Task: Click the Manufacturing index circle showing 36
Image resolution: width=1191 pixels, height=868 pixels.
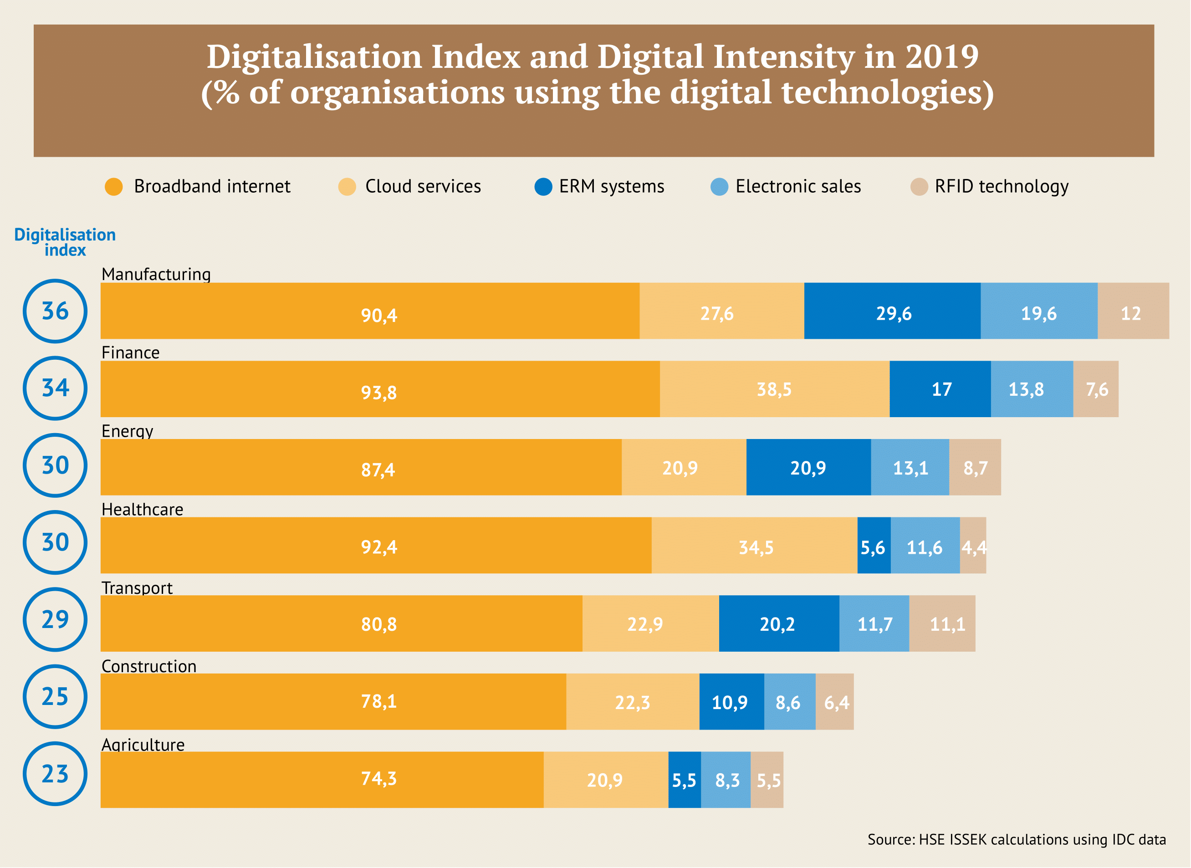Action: click(x=55, y=311)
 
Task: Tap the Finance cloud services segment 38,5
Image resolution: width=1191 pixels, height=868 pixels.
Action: click(x=774, y=389)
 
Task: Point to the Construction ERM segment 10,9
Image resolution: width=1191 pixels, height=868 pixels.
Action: click(x=731, y=702)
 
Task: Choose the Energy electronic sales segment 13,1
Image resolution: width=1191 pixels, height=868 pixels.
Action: click(x=910, y=467)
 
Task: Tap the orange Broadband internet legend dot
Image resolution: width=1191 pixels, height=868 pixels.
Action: click(x=113, y=187)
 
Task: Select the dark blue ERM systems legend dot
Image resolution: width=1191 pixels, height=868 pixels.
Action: click(x=543, y=187)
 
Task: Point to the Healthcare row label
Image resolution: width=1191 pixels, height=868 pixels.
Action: click(x=143, y=509)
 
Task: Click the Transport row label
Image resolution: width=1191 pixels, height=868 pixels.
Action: click(x=137, y=587)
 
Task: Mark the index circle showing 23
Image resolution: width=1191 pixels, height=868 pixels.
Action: click(x=55, y=774)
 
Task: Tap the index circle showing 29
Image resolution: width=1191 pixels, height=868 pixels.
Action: click(x=55, y=619)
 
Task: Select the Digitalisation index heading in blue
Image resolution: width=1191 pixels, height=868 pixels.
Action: click(x=65, y=242)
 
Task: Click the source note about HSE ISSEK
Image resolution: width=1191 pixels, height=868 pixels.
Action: click(x=1016, y=840)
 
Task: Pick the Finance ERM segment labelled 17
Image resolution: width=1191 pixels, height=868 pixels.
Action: click(x=941, y=389)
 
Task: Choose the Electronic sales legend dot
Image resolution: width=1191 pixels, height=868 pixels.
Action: click(x=719, y=187)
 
